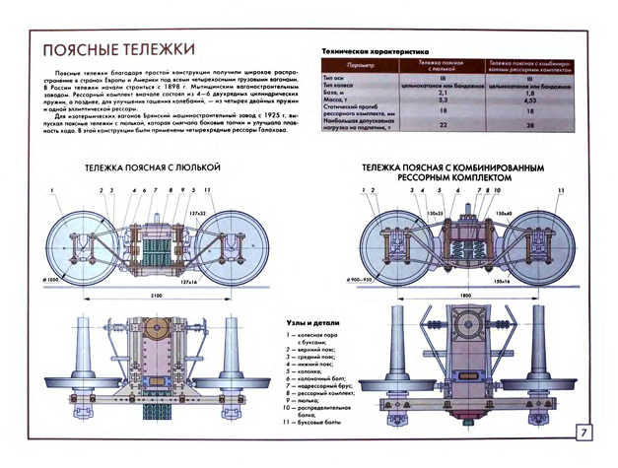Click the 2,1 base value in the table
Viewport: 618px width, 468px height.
point(443,93)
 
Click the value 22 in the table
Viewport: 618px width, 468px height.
point(443,125)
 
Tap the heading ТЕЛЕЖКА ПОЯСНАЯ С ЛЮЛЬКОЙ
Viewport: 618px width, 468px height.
point(152,168)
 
